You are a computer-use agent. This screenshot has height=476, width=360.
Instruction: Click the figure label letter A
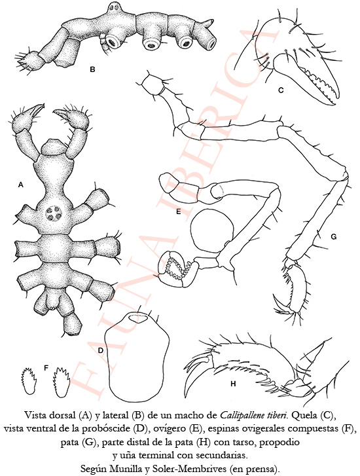click(21, 185)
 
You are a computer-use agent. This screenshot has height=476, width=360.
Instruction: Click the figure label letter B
click(92, 69)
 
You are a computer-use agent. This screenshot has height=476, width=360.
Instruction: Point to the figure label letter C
click(281, 90)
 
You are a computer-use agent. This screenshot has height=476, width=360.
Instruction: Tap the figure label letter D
click(101, 350)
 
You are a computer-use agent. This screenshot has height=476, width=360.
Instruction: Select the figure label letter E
click(179, 211)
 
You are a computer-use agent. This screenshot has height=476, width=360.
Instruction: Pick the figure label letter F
click(46, 368)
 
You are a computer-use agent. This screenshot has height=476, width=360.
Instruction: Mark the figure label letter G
click(334, 236)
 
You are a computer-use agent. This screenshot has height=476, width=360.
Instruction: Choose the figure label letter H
click(233, 384)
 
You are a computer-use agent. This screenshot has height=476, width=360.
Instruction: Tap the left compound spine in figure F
click(29, 380)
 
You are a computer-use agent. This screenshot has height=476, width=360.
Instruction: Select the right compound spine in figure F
click(61, 381)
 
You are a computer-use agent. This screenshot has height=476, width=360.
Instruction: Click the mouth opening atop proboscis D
click(138, 319)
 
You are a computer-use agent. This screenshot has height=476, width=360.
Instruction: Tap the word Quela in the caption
click(302, 414)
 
